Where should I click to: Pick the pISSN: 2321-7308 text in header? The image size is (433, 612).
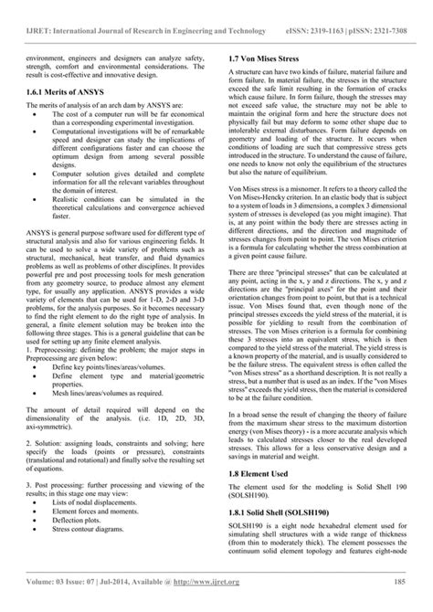pyautogui.click(x=388, y=8)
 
